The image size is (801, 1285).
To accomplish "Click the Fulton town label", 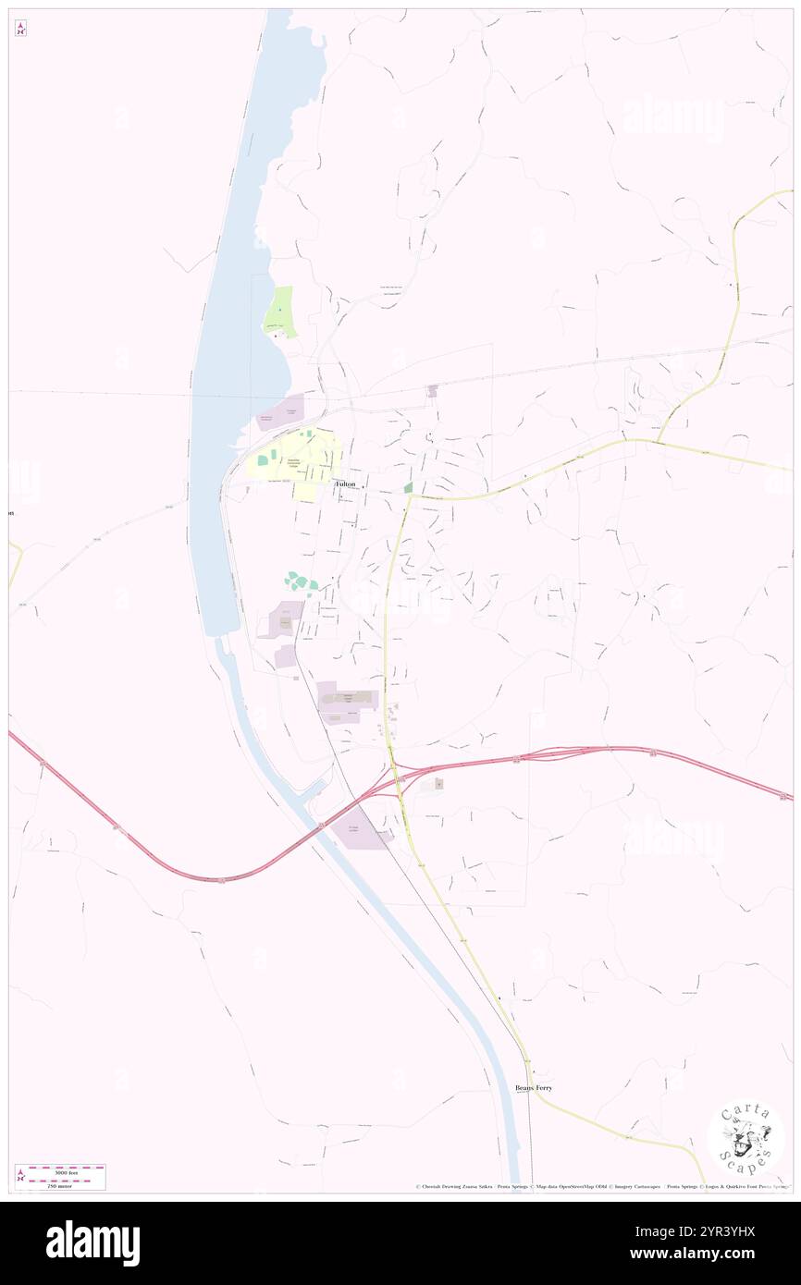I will (x=345, y=483).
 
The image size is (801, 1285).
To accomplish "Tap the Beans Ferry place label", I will (x=534, y=1088).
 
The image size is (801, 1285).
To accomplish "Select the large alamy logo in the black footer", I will (x=92, y=1242).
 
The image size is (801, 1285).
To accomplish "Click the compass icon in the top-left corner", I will (x=20, y=29).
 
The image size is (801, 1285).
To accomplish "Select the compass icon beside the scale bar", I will (x=21, y=1177).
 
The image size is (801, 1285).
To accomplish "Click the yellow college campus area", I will (x=296, y=458).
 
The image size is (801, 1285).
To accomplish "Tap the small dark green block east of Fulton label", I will (x=408, y=487).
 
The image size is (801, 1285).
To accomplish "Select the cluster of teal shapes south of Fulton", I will (x=300, y=582).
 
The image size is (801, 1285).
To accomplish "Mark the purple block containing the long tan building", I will (x=347, y=698).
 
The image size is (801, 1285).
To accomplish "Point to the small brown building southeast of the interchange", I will (x=438, y=784).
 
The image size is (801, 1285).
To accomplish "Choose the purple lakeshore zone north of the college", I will (x=280, y=413).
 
